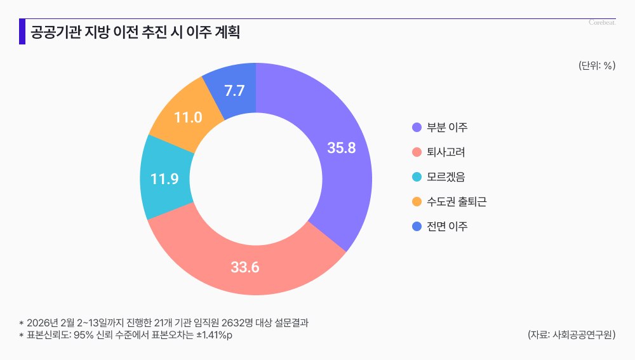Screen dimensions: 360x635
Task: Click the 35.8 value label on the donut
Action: (341, 148)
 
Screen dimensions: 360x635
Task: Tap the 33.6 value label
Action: (245, 267)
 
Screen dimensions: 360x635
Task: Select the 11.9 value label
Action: (164, 179)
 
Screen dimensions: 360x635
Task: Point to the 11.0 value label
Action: (188, 117)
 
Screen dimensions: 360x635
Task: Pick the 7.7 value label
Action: (235, 91)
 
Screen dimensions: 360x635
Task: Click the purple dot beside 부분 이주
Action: (417, 128)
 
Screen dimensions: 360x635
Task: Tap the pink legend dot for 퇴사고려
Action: (417, 152)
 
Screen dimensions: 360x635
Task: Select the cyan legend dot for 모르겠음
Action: (417, 177)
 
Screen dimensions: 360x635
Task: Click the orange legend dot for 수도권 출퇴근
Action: (417, 202)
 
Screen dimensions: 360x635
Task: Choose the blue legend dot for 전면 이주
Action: (417, 227)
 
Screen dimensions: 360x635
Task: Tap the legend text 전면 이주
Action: (447, 227)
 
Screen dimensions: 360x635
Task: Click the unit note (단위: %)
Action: (597, 65)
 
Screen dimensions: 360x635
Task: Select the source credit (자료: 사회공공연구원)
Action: (571, 335)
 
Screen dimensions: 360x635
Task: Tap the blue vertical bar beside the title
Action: (22, 32)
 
